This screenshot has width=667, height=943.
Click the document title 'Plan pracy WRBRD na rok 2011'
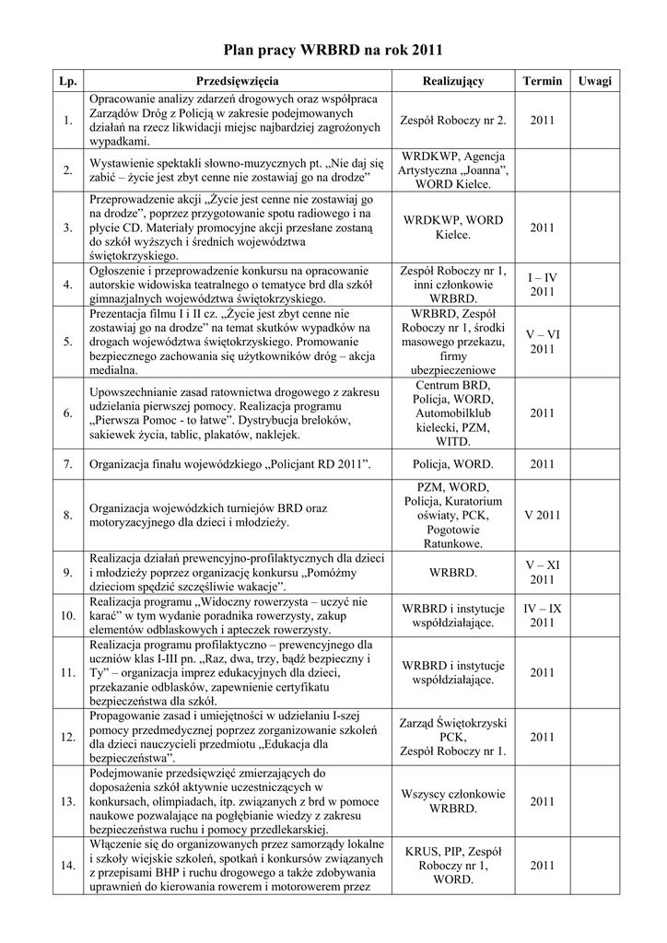tap(333, 50)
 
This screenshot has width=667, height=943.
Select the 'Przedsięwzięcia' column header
tap(238, 81)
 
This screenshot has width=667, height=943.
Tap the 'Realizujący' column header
tap(452, 81)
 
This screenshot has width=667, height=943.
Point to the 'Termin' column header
tap(542, 81)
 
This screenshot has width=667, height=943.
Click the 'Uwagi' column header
tap(594, 81)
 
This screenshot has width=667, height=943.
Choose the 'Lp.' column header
tap(67, 81)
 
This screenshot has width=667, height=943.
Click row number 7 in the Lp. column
tap(67, 465)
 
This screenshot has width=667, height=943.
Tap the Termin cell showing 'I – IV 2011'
tap(542, 285)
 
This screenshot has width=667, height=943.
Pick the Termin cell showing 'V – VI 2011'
tap(542, 343)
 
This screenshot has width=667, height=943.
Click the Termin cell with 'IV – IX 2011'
tap(542, 616)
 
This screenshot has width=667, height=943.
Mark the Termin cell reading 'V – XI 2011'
tap(542, 572)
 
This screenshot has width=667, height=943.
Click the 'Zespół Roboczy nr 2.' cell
tap(452, 121)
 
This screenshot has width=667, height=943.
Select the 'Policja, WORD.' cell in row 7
tap(452, 465)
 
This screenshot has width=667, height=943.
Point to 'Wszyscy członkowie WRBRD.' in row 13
tap(452, 801)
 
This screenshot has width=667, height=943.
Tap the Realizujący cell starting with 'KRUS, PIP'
tap(452, 865)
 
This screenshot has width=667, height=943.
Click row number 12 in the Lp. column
tap(67, 737)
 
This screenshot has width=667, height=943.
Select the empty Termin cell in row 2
tap(542, 169)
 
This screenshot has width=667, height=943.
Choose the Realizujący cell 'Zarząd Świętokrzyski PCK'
tap(452, 737)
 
